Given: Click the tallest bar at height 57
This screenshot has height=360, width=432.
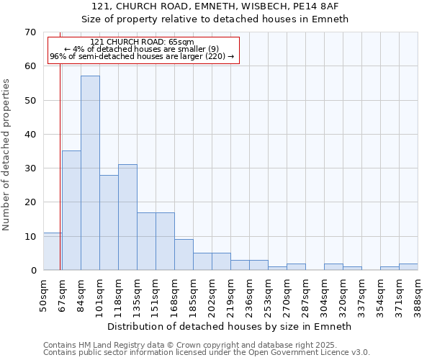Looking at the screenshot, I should click(x=90, y=173).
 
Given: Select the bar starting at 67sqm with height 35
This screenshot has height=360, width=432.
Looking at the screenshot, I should click(x=71, y=210).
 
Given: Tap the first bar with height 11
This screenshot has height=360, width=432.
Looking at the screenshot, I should click(x=53, y=251).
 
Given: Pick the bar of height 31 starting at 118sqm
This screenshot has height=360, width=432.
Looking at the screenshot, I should click(x=127, y=217).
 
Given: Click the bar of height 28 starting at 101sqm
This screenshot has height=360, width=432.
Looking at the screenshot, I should click(x=109, y=222).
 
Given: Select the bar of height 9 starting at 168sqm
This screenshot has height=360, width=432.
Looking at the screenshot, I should click(x=184, y=255).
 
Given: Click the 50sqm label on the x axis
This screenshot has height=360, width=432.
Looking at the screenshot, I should click(x=44, y=293).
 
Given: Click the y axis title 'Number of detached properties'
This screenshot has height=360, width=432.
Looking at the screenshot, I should click(x=7, y=155).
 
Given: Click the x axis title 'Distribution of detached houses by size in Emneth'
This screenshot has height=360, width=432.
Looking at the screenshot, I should click(x=230, y=326).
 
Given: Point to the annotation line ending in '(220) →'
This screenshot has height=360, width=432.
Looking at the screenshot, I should click(x=142, y=56).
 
